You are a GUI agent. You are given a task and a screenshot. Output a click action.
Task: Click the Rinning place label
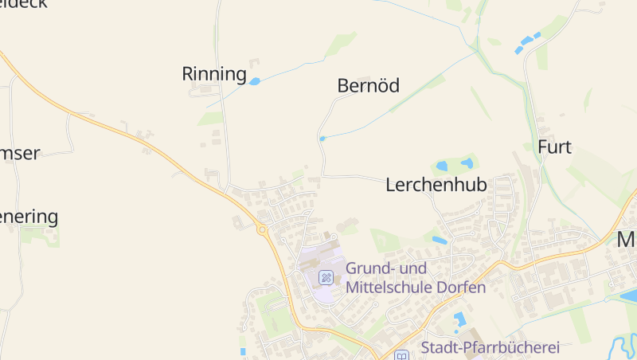pyautogui.click(x=214, y=74)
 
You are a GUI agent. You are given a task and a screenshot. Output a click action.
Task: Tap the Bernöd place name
pyautogui.click(x=368, y=85)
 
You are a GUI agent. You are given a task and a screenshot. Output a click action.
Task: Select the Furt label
pyautogui.click(x=554, y=147)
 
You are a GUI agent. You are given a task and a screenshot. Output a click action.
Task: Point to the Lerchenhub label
pyautogui.click(x=436, y=185)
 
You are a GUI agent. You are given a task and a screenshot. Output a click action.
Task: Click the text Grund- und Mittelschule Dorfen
pyautogui.click(x=415, y=278)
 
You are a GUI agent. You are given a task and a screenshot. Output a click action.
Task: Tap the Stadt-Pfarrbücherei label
pyautogui.click(x=490, y=346)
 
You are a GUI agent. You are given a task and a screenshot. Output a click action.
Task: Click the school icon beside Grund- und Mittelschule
pyautogui.click(x=326, y=277)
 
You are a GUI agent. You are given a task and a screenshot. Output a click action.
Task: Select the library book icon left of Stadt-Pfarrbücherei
pyautogui.click(x=402, y=355)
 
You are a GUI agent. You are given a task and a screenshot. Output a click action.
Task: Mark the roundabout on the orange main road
pyautogui.click(x=262, y=229)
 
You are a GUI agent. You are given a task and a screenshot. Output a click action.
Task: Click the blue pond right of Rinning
pyautogui.click(x=255, y=81)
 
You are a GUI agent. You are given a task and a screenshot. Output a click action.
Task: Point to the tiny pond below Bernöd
pyautogui.click(x=322, y=139)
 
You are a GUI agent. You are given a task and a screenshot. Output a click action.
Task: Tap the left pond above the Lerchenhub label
pyautogui.click(x=442, y=166)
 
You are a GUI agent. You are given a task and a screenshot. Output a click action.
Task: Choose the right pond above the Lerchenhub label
pyautogui.click(x=467, y=163)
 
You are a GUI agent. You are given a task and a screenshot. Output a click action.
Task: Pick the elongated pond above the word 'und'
pyautogui.click(x=440, y=240)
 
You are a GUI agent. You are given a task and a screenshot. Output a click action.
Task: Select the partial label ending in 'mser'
pyautogui.click(x=20, y=153)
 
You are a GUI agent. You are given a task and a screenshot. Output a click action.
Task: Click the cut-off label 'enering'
pyautogui.click(x=29, y=216)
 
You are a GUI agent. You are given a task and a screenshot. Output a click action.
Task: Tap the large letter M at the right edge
pyautogui.click(x=627, y=239)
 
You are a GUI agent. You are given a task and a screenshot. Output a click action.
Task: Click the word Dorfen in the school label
pyautogui.click(x=460, y=288)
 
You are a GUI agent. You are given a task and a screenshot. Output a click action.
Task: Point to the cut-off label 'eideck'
pyautogui.click(x=24, y=4)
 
